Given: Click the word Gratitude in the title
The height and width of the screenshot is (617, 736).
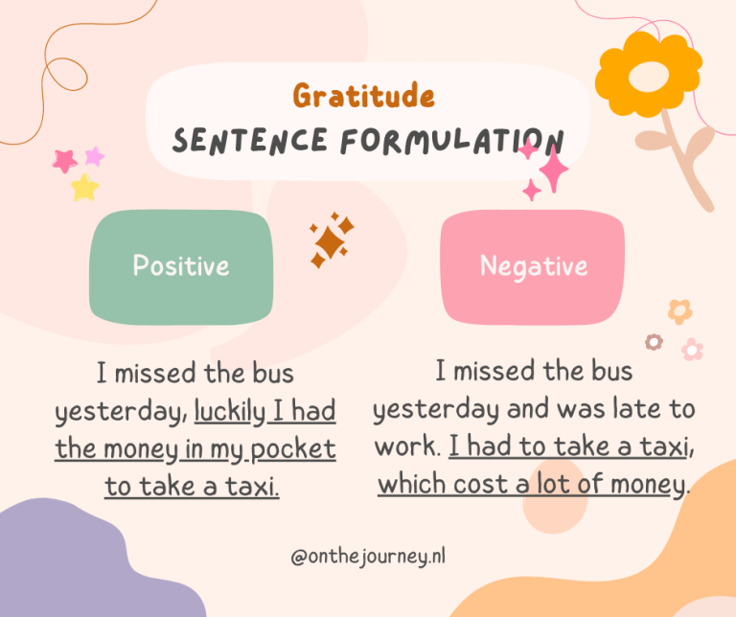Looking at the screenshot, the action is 364,95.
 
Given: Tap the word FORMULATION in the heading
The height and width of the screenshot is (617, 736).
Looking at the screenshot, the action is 451,141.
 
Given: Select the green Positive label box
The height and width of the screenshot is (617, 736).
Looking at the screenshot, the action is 181,267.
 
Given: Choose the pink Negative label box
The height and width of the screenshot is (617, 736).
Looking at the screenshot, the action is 533,267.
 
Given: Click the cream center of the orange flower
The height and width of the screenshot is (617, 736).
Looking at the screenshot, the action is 649,77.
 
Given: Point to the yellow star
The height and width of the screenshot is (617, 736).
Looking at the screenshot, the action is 85,188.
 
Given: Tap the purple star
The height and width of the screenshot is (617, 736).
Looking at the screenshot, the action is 94,156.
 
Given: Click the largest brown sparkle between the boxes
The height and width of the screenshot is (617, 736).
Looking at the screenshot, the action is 330,242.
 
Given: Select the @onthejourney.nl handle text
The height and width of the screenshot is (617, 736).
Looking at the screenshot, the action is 368,557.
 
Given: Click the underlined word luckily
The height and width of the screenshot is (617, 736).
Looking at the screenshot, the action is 230,411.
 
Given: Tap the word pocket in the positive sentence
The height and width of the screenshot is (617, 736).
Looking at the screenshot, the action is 293,449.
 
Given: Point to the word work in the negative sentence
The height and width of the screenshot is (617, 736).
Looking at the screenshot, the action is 406,446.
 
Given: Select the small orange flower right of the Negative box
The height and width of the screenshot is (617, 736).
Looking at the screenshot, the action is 680,311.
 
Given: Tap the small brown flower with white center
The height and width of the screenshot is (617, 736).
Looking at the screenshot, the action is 654,342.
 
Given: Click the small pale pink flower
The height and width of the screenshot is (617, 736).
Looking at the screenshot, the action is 692,350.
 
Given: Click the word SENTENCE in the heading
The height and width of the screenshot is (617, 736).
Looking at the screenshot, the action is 249,140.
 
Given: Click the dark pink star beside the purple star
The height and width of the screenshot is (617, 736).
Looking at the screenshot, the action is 64,161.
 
